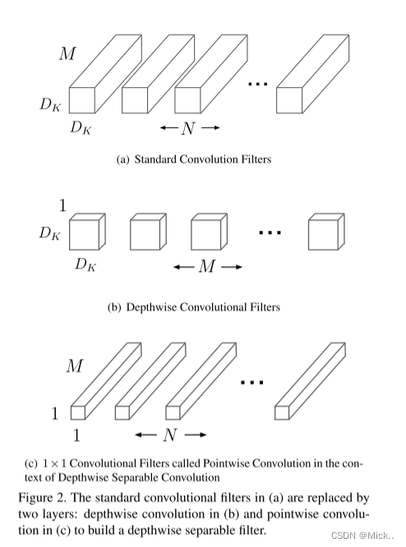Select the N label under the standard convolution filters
190,128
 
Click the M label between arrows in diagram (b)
208,267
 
